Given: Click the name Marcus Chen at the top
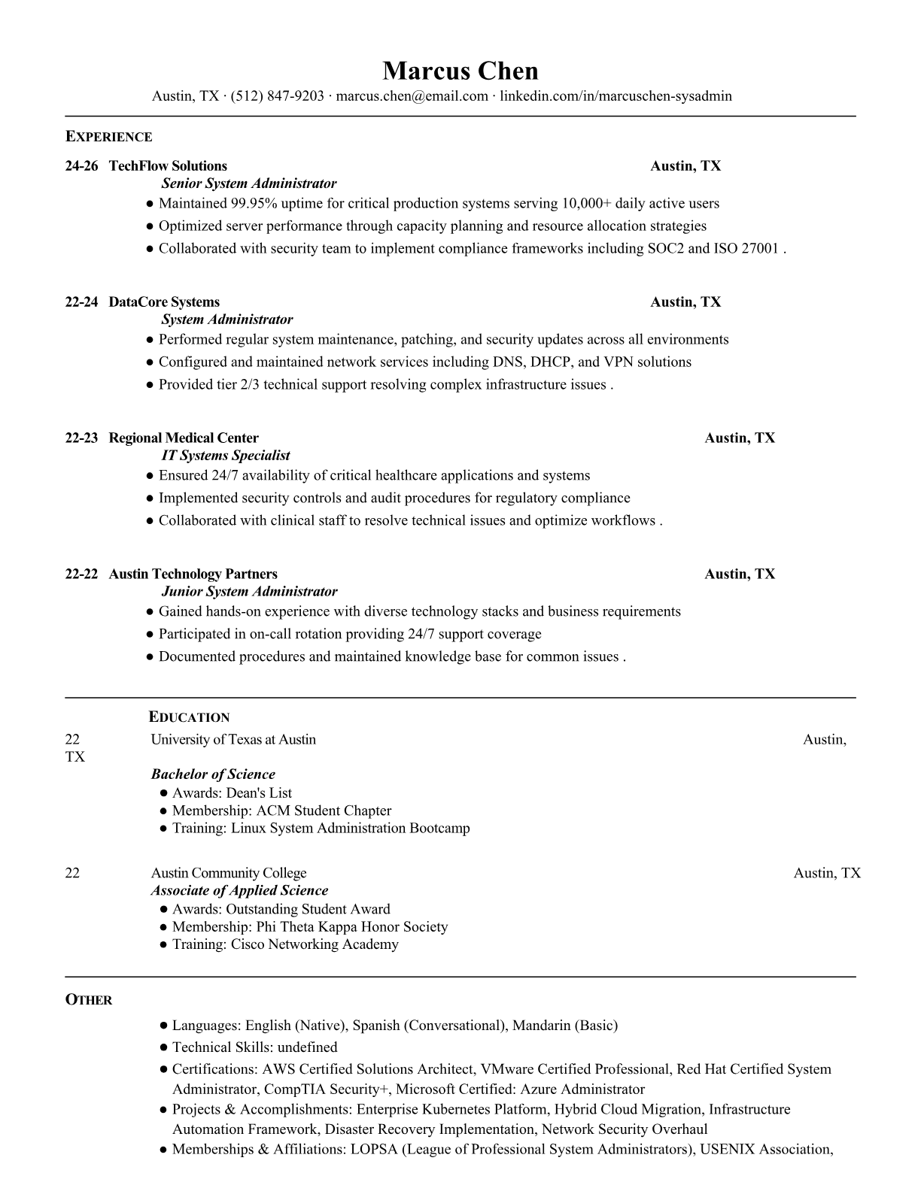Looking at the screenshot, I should click(460, 71).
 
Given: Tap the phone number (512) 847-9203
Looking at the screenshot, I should click(277, 96).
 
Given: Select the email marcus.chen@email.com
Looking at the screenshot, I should click(412, 96).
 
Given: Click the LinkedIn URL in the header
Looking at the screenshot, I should click(616, 96).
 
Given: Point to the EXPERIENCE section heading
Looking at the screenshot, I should click(108, 137).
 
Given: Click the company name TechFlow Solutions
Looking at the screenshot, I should click(168, 166).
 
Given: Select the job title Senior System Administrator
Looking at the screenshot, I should click(249, 183).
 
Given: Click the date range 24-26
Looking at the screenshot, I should click(81, 166).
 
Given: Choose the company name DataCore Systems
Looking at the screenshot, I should click(164, 302).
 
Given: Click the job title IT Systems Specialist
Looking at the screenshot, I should click(226, 456).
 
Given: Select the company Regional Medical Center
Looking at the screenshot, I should click(184, 438).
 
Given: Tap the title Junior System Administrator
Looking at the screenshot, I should click(249, 592).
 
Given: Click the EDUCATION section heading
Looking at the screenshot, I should click(189, 717).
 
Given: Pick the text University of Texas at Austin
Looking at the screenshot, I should click(233, 740).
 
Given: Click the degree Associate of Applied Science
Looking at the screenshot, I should click(239, 891).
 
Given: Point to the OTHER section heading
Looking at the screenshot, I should click(89, 1000).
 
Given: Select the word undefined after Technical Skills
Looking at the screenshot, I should click(307, 1047).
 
